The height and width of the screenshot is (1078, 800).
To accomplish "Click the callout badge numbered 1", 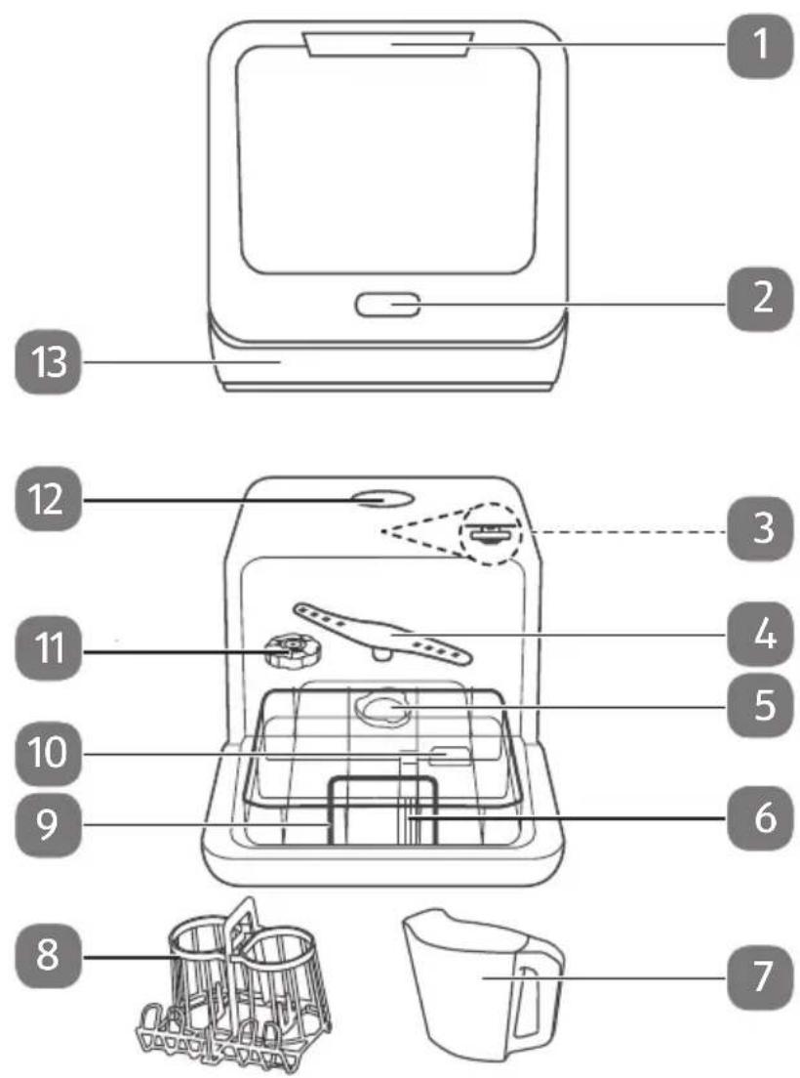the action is (760, 44).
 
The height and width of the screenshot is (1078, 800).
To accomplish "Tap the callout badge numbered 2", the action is (760, 299).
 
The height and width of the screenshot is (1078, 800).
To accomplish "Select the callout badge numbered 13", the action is (48, 361).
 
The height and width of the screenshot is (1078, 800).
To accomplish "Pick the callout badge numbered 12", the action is (48, 499).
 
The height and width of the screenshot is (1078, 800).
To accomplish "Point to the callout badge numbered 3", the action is (760, 529).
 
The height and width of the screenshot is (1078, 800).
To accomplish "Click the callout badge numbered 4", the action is (760, 634).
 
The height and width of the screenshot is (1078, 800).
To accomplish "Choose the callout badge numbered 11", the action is (48, 648).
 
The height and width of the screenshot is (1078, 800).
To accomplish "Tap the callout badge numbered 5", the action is (760, 706).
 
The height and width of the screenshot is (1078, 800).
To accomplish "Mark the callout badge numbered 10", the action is (48, 754).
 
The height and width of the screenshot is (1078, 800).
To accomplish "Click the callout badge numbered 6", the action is (760, 819).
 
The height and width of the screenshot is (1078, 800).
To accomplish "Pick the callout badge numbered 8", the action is (48, 956).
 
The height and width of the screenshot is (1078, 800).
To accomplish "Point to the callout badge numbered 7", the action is (760, 976).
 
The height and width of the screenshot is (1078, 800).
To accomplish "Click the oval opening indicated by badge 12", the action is (381, 498).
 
